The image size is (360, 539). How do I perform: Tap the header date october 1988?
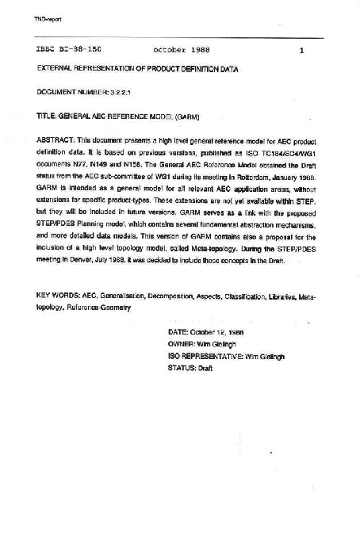tap(182, 50)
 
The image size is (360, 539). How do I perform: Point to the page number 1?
tap(302, 50)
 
